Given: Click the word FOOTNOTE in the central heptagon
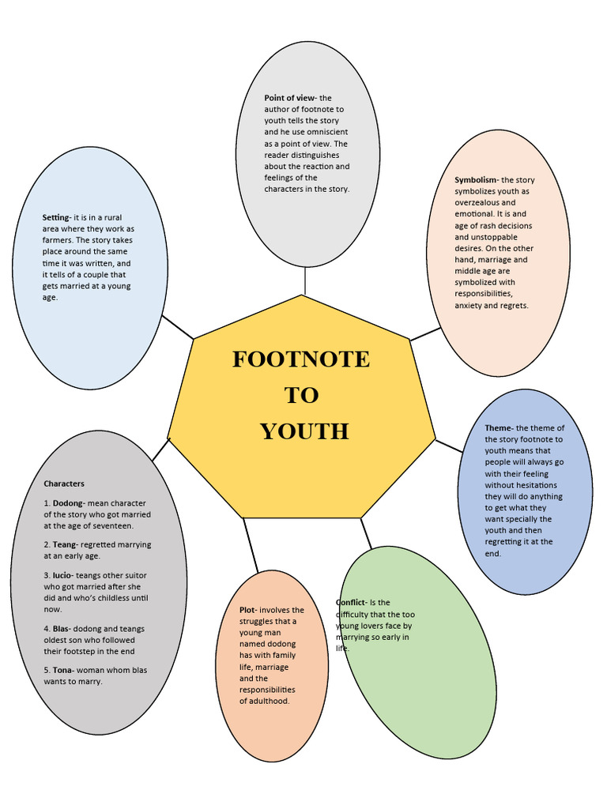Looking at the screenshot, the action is pyautogui.click(x=300, y=359).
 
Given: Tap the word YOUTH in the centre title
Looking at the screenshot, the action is pyautogui.click(x=304, y=431).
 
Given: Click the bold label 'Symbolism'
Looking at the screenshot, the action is pyautogui.click(x=476, y=180).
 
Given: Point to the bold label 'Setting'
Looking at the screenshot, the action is pyautogui.click(x=56, y=217).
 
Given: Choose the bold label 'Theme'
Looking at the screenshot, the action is pyautogui.click(x=499, y=428).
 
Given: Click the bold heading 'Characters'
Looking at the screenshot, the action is pyautogui.click(x=64, y=484).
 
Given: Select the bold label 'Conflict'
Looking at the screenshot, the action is pyautogui.click(x=351, y=603).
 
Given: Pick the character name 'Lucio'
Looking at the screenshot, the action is pyautogui.click(x=64, y=576).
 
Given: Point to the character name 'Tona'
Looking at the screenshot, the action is pyautogui.click(x=64, y=670).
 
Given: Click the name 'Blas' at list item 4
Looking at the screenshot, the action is pyautogui.click(x=62, y=629).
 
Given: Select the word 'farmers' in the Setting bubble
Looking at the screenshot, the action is pyautogui.click(x=58, y=240).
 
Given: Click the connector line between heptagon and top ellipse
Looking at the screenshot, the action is pyautogui.click(x=304, y=281).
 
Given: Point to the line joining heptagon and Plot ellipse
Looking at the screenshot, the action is pyautogui.click(x=250, y=545).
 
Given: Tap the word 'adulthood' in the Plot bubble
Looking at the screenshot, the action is pyautogui.click(x=270, y=701).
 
